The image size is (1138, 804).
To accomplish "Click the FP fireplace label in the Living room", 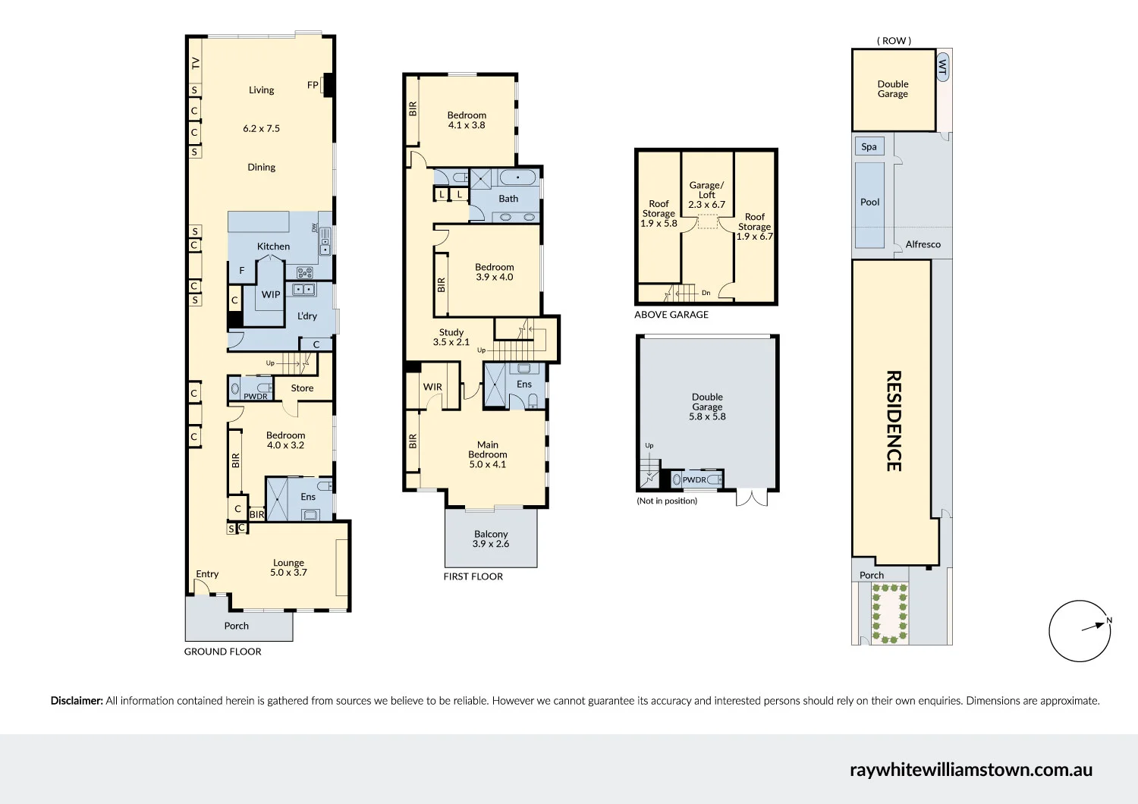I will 313,85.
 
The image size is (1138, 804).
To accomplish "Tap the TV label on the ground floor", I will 196,63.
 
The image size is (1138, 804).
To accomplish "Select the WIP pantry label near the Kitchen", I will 271,294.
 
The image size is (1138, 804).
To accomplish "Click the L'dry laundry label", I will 307,316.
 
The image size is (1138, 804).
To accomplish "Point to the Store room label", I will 302,388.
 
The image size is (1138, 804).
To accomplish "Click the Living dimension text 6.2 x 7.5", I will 261,129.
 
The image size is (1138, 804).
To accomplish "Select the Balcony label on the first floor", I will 491,534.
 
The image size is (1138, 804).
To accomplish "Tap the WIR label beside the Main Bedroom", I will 432,387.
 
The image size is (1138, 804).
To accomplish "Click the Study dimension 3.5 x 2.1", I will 451,342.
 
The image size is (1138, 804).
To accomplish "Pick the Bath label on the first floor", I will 508,199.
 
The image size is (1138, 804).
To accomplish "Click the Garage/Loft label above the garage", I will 706,190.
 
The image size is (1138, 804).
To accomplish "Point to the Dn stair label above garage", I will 706,293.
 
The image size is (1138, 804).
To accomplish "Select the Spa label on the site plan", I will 869,147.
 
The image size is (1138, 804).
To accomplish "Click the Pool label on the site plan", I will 869,203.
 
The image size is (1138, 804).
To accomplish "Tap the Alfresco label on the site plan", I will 923,244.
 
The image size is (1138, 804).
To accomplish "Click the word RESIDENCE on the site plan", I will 894,421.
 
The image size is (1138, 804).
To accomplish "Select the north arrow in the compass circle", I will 1095,626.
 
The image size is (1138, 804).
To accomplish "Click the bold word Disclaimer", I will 77,701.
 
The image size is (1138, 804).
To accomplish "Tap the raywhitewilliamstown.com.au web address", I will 970,769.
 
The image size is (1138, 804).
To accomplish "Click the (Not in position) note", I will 667,501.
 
